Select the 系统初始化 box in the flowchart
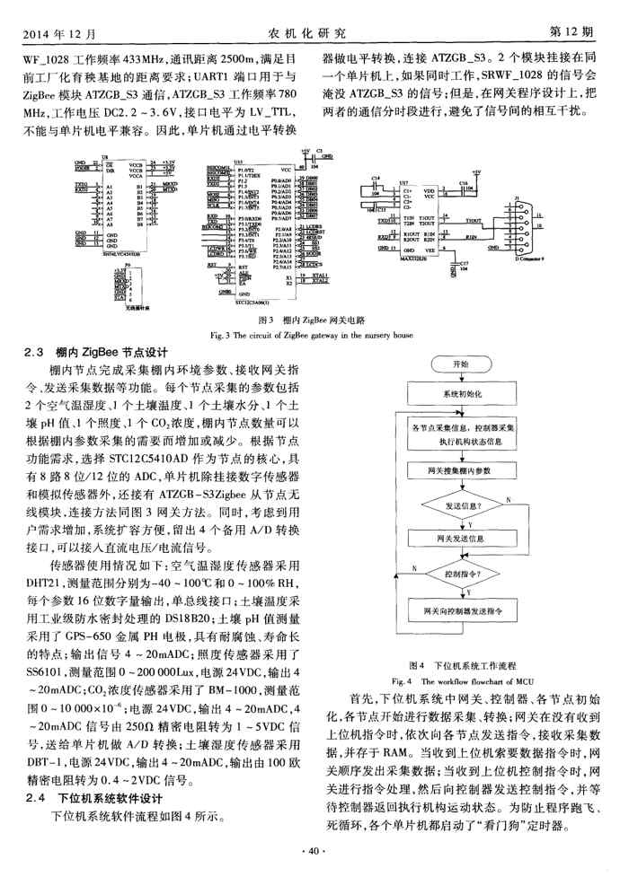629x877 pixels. (462, 394)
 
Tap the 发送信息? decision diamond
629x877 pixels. (462, 505)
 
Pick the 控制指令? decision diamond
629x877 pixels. (462, 572)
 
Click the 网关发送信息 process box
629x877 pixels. (462, 539)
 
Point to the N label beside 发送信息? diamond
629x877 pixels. (509, 498)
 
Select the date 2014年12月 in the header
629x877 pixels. (54, 33)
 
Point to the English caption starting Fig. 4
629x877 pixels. (461, 680)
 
